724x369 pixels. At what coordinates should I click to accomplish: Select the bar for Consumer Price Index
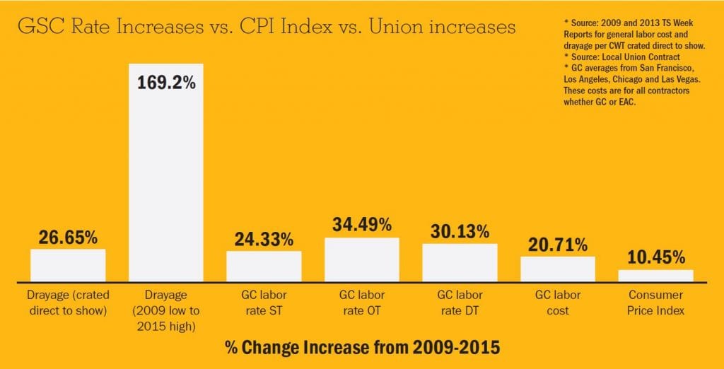pyautogui.click(x=655, y=276)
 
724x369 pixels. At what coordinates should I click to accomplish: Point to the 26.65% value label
pyautogui.click(x=68, y=237)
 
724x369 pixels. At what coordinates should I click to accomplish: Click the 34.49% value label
pyautogui.click(x=361, y=225)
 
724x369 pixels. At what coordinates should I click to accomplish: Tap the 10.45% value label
pyautogui.click(x=655, y=257)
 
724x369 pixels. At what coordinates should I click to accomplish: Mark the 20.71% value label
pyautogui.click(x=558, y=245)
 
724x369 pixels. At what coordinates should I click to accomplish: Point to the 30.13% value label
pyautogui.click(x=460, y=231)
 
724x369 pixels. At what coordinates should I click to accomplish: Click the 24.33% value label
pyautogui.click(x=264, y=239)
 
